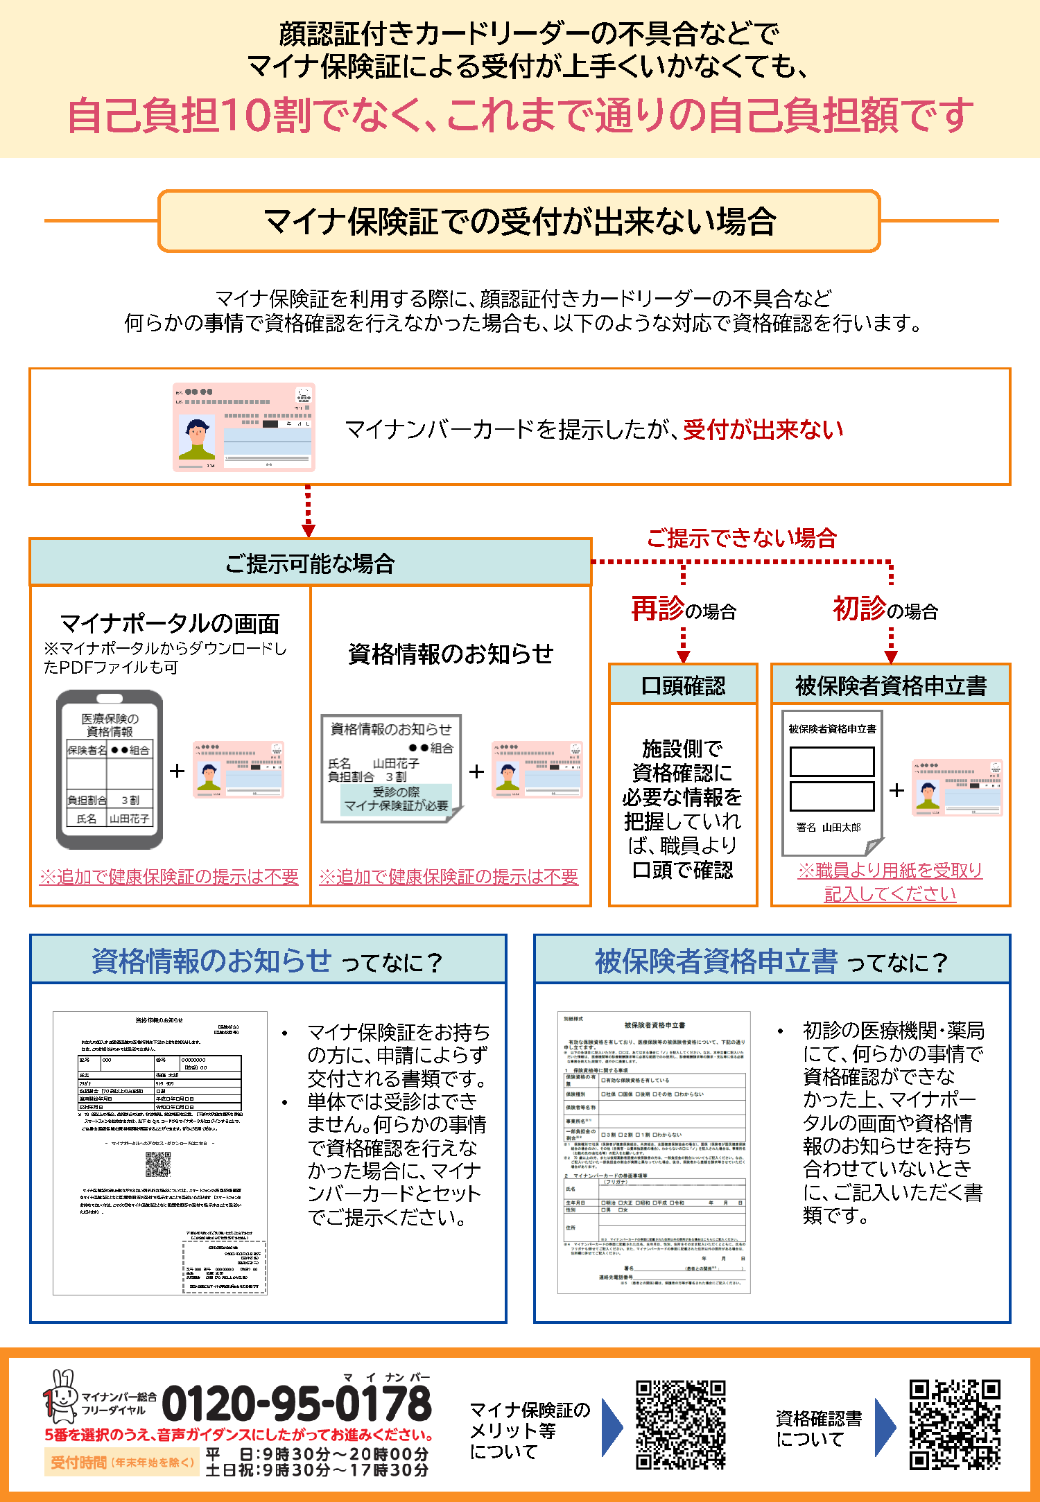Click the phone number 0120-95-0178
[x=296, y=1405]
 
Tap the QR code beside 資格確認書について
[x=955, y=1424]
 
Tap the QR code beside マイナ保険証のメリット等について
[x=681, y=1424]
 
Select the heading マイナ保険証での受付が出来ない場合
[x=519, y=221]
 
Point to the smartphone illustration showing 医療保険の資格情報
[x=110, y=769]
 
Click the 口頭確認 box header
[x=683, y=685]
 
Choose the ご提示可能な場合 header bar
[x=310, y=563]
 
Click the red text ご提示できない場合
[x=741, y=538]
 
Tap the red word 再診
[x=657, y=609]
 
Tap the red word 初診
[x=859, y=609]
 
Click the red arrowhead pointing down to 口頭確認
[x=684, y=656]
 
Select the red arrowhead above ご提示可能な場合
[x=309, y=530]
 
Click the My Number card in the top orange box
[x=244, y=427]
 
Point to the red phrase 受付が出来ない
[x=763, y=429]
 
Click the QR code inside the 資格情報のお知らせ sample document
[x=158, y=1164]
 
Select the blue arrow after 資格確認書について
[x=885, y=1427]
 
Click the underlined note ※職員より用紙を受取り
[x=890, y=871]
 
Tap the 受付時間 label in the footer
[x=78, y=1462]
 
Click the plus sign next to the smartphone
[x=177, y=771]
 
